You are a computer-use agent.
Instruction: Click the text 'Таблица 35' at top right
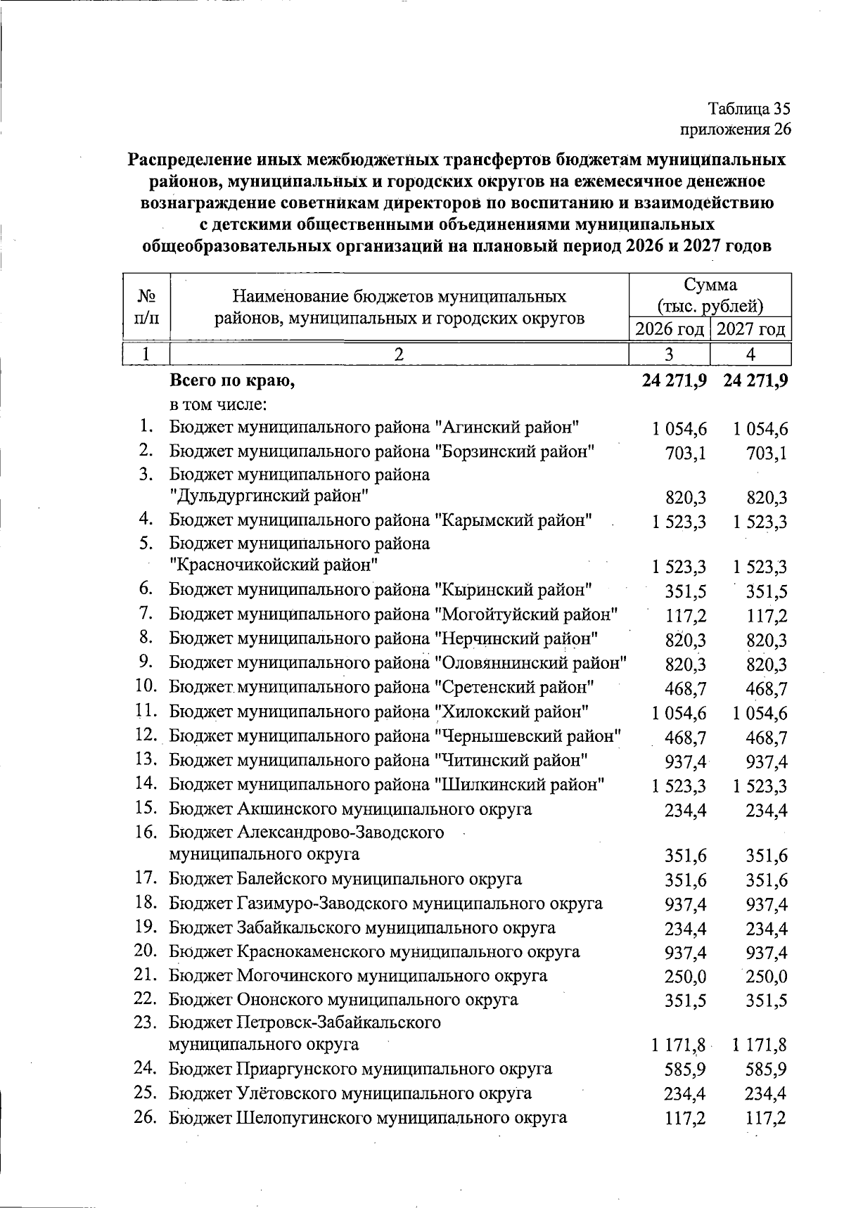click(x=749, y=109)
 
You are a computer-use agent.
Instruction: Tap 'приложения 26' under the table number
click(x=735, y=129)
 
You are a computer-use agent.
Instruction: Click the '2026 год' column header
click(x=669, y=329)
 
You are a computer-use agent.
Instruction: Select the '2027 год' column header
click(x=751, y=329)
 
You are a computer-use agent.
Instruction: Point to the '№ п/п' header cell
click(x=146, y=307)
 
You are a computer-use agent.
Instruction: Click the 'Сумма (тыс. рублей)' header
click(x=710, y=295)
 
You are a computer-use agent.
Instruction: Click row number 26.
click(x=145, y=1117)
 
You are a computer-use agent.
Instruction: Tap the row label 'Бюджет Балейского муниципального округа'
click(x=345, y=879)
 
